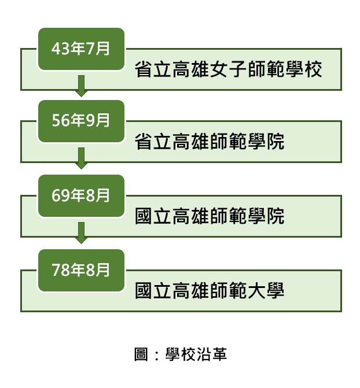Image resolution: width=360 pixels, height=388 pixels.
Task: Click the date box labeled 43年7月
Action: [x=81, y=49]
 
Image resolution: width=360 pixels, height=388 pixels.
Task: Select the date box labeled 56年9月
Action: [x=81, y=121]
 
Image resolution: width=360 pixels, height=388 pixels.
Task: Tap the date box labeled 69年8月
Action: [x=81, y=196]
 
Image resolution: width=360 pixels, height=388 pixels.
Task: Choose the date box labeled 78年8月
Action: [x=81, y=271]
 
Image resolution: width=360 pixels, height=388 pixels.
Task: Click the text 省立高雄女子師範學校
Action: [x=228, y=69]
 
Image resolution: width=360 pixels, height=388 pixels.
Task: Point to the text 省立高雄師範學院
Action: [x=210, y=141]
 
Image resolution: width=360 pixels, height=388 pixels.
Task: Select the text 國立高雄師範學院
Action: [x=210, y=216]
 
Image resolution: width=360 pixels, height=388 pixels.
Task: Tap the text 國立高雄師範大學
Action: [x=210, y=290]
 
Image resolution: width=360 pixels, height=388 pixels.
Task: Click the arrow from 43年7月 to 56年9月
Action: [x=81, y=86]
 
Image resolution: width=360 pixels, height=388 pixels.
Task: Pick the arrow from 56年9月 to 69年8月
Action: [x=81, y=158]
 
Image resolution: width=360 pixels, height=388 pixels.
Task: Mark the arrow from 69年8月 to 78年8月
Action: [x=81, y=233]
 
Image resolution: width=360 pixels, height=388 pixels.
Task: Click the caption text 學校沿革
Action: [x=196, y=354]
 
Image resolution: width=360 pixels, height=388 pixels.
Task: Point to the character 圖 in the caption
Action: [x=141, y=354]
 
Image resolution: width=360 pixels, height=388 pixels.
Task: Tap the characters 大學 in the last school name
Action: [x=266, y=290]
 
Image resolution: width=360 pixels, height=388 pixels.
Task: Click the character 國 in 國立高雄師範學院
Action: [x=144, y=216]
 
